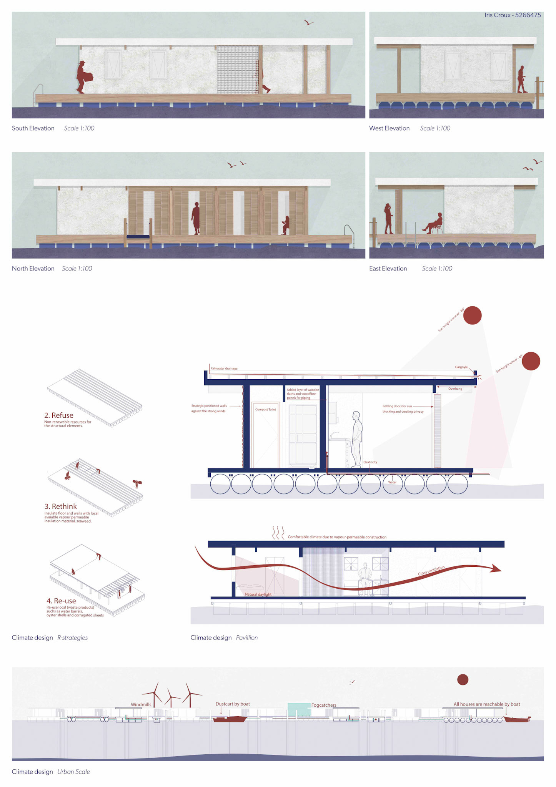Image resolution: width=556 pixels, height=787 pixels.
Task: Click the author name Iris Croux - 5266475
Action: pyautogui.click(x=512, y=15)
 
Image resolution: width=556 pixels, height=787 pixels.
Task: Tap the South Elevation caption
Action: pyautogui.click(x=33, y=128)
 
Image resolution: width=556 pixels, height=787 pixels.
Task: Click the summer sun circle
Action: pyautogui.click(x=472, y=315)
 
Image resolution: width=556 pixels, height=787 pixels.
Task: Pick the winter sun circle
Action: pyautogui.click(x=531, y=361)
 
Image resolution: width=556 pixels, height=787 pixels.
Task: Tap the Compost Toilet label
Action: pyautogui.click(x=266, y=409)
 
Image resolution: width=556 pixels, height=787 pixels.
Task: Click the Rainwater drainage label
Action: pyautogui.click(x=224, y=369)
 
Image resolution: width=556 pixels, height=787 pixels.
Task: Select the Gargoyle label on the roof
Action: pyautogui.click(x=461, y=367)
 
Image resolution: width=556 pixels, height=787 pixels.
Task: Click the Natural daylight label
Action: pyautogui.click(x=258, y=594)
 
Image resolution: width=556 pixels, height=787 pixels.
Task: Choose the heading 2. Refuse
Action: pyautogui.click(x=58, y=415)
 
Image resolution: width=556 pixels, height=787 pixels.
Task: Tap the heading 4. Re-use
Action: pyautogui.click(x=61, y=601)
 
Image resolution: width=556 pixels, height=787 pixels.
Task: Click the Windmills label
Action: pyautogui.click(x=141, y=704)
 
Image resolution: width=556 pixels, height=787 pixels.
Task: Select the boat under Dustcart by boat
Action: pyautogui.click(x=230, y=719)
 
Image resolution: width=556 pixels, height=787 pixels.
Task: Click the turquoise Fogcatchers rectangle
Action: pyautogui.click(x=299, y=709)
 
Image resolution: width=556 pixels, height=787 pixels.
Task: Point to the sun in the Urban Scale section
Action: pyautogui.click(x=463, y=680)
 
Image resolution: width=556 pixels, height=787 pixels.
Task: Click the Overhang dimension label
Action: pyautogui.click(x=455, y=389)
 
